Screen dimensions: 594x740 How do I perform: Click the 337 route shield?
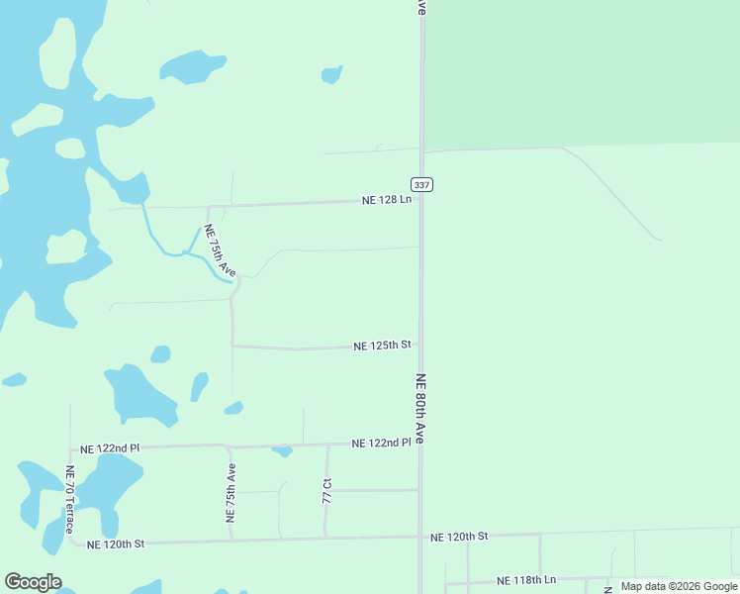pos(421,185)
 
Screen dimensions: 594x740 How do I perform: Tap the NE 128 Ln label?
pos(387,200)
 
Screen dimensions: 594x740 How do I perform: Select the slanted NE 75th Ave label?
pos(220,251)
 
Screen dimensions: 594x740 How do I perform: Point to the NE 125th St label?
pos(382,346)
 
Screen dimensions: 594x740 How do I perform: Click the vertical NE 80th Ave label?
pos(421,407)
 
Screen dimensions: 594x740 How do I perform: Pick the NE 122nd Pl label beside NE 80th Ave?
pos(381,443)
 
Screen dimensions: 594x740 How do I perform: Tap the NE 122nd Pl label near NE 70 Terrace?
pos(110,448)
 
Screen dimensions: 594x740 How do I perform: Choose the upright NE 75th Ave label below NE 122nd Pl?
pos(231,492)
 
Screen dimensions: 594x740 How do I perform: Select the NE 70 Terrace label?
pos(69,500)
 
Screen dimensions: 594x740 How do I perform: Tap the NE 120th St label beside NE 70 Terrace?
pos(116,544)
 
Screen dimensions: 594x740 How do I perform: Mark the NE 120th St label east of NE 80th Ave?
pos(459,536)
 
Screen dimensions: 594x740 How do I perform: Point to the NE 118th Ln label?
pos(526,580)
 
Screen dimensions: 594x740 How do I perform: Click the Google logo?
pos(33,582)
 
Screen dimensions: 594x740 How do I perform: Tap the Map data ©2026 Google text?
pos(679,586)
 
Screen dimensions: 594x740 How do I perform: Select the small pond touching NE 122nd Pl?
pos(283,451)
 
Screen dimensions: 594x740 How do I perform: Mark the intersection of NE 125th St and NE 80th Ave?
pos(420,346)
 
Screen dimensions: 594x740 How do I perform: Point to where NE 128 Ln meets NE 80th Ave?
pos(420,200)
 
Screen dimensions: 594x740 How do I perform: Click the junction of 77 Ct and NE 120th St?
pos(324,539)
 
